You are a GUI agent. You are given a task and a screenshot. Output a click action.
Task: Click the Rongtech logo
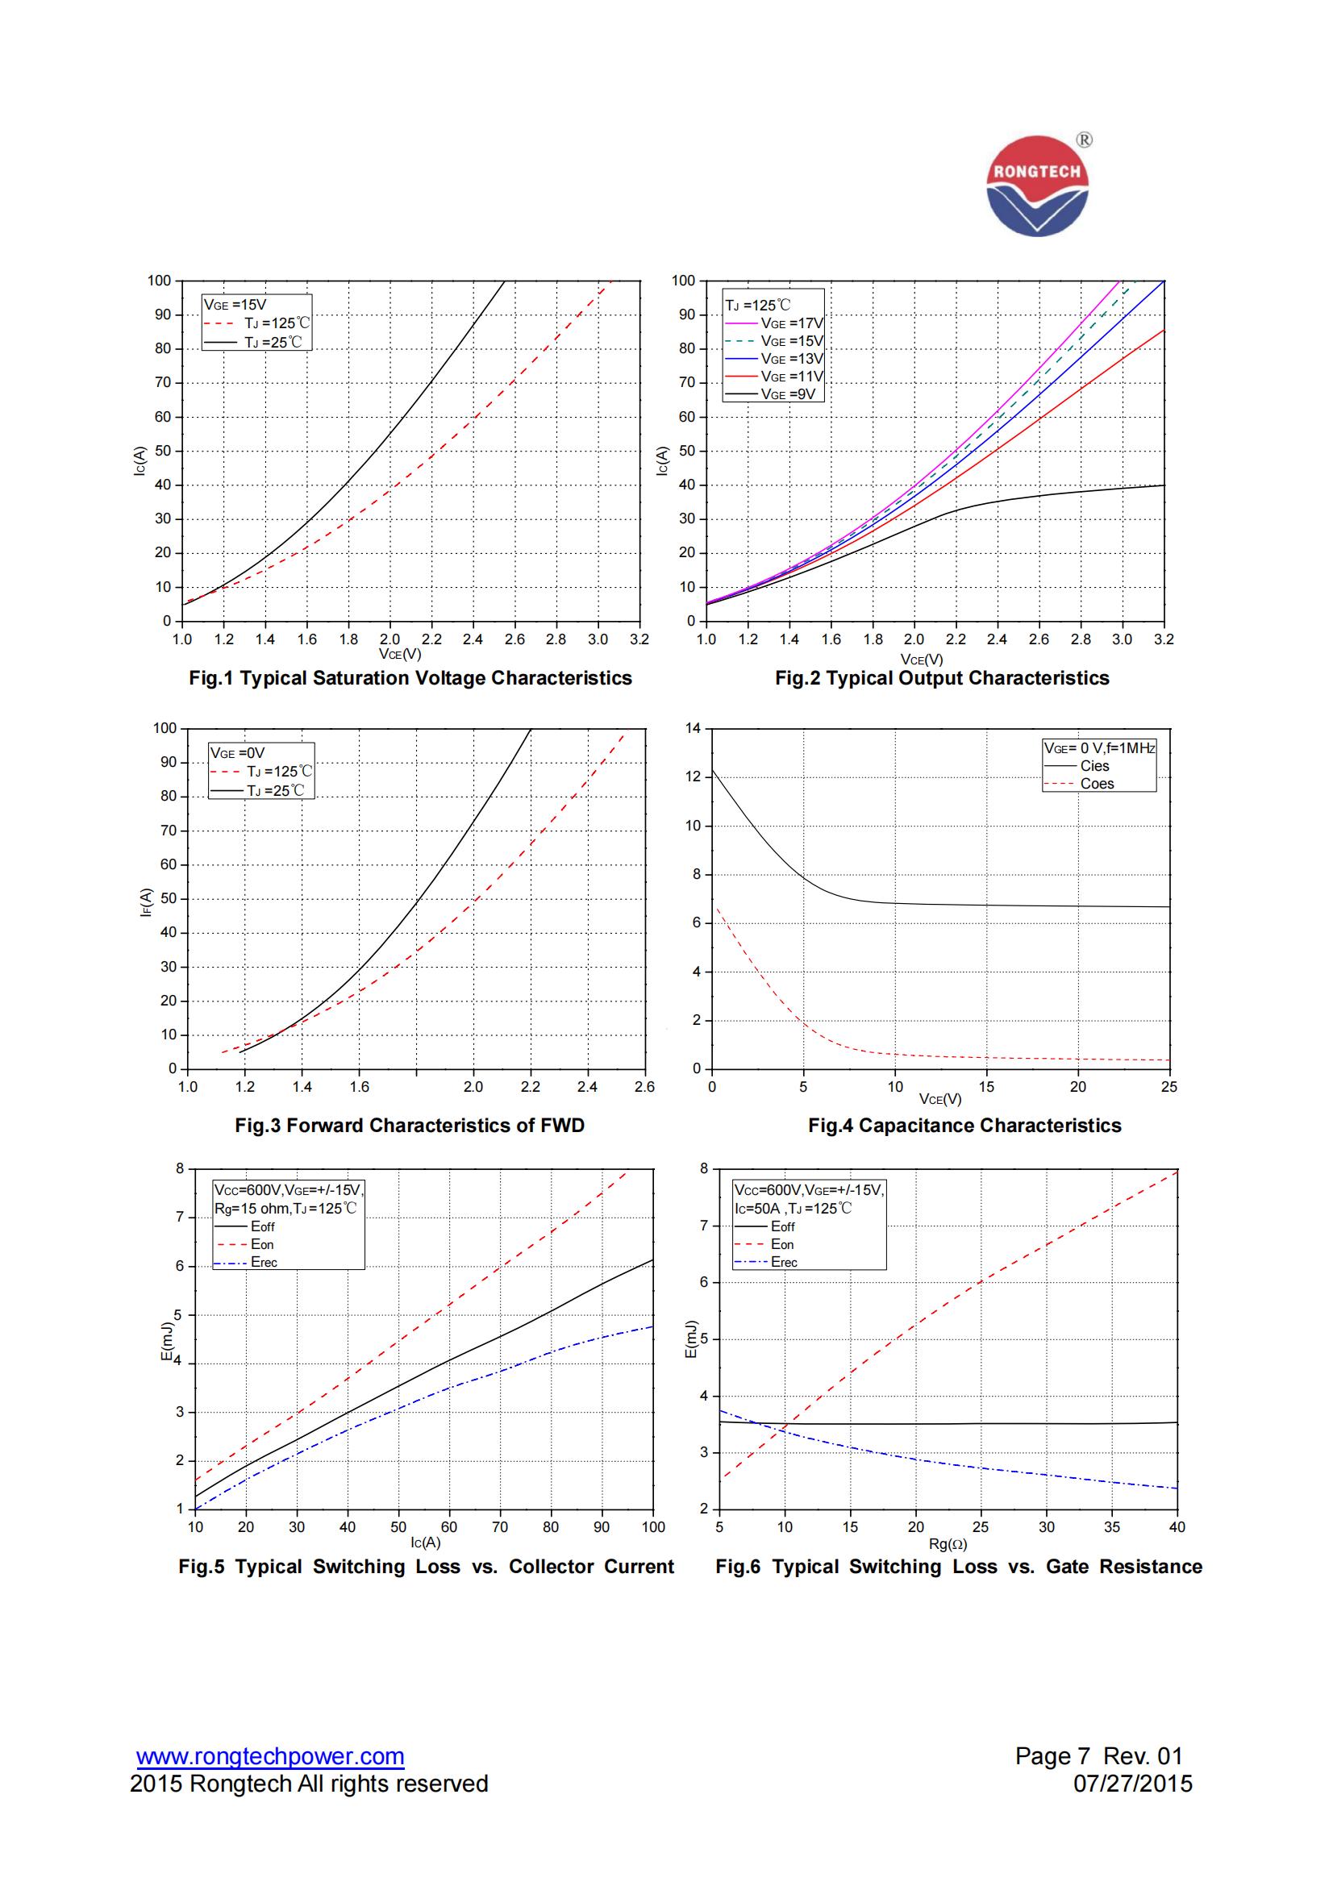point(1037,186)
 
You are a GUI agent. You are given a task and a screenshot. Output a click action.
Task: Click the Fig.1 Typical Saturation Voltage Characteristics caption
point(410,677)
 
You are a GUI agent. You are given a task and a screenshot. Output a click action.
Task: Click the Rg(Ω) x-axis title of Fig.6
point(948,1543)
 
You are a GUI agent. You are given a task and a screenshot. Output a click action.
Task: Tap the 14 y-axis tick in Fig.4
point(694,729)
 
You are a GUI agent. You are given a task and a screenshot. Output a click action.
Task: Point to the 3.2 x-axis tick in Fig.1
point(639,639)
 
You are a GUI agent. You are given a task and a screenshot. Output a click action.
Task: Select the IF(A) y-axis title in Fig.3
point(146,901)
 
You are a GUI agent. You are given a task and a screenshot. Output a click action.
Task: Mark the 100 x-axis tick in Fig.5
point(653,1527)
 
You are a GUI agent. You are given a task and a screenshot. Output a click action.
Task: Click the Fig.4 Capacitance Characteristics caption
point(964,1125)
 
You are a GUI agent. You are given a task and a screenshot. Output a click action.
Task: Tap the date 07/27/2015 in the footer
point(1132,1784)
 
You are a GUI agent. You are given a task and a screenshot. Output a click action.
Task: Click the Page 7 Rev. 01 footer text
point(1098,1755)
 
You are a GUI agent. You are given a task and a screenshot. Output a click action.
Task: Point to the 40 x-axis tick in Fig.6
point(1176,1527)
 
